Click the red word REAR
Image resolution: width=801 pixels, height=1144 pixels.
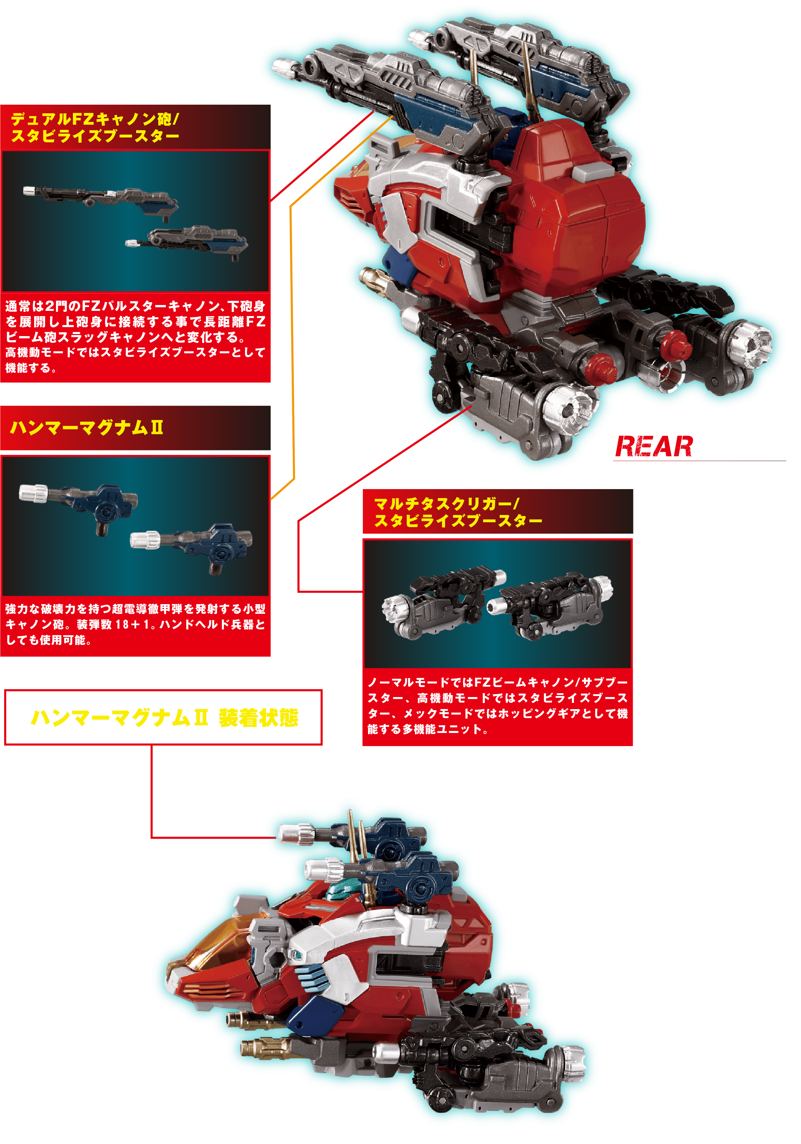[653, 446]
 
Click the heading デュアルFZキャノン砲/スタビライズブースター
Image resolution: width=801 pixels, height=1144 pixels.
[95, 127]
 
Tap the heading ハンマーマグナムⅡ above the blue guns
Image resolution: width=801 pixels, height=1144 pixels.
[86, 428]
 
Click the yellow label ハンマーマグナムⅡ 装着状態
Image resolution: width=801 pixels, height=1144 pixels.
[164, 717]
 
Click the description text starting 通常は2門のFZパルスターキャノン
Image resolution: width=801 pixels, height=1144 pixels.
[135, 336]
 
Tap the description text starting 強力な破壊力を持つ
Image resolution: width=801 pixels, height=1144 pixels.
[135, 624]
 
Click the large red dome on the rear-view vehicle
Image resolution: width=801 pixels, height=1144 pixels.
[578, 209]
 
